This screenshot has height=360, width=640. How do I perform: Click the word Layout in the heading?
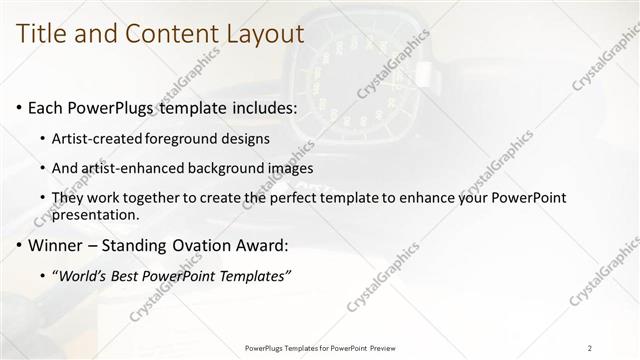click(x=261, y=33)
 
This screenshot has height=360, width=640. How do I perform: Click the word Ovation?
click(x=199, y=245)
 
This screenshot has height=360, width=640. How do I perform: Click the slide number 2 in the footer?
click(x=590, y=348)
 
